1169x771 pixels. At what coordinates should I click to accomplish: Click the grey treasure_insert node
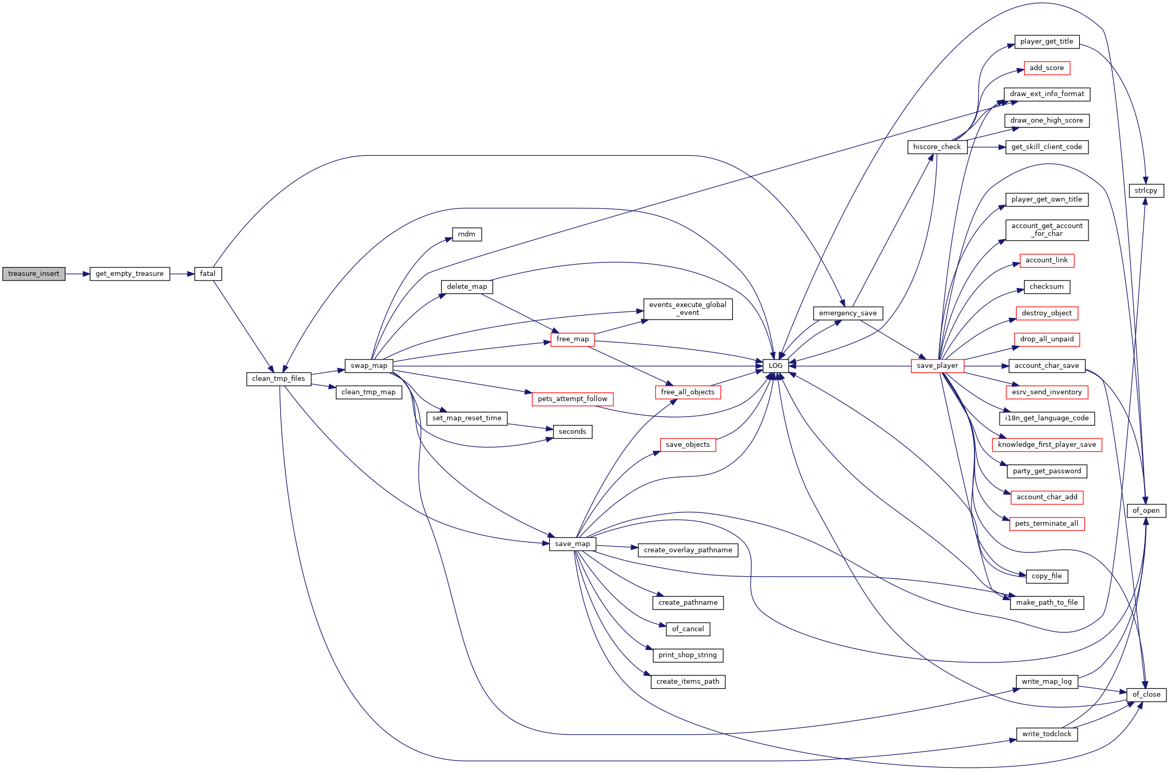(34, 274)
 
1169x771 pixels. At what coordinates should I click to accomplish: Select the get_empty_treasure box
(130, 274)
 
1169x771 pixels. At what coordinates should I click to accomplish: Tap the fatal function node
(208, 274)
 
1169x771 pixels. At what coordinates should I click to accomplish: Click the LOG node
(776, 366)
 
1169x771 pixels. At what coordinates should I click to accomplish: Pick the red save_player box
(937, 366)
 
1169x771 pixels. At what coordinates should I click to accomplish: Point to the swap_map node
(369, 366)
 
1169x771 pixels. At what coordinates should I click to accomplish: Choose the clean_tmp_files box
(279, 379)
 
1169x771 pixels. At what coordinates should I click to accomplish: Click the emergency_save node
(848, 313)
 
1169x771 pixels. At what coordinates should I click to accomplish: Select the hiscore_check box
(937, 147)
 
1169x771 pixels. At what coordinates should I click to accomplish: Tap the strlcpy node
(1146, 191)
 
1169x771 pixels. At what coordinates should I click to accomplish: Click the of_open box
(1146, 511)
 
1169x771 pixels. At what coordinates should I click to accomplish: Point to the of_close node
(1147, 695)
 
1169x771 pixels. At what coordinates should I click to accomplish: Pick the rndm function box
(467, 234)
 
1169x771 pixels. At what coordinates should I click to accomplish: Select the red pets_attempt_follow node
(573, 399)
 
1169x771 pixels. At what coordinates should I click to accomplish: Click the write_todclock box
(1047, 734)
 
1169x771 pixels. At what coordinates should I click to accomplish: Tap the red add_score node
(1047, 68)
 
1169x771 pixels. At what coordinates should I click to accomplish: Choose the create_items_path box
(688, 682)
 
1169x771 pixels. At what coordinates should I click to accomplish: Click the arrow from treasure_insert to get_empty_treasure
(77, 274)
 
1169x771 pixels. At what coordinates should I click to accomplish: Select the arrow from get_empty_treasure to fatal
(182, 274)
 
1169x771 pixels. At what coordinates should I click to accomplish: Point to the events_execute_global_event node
(688, 309)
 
